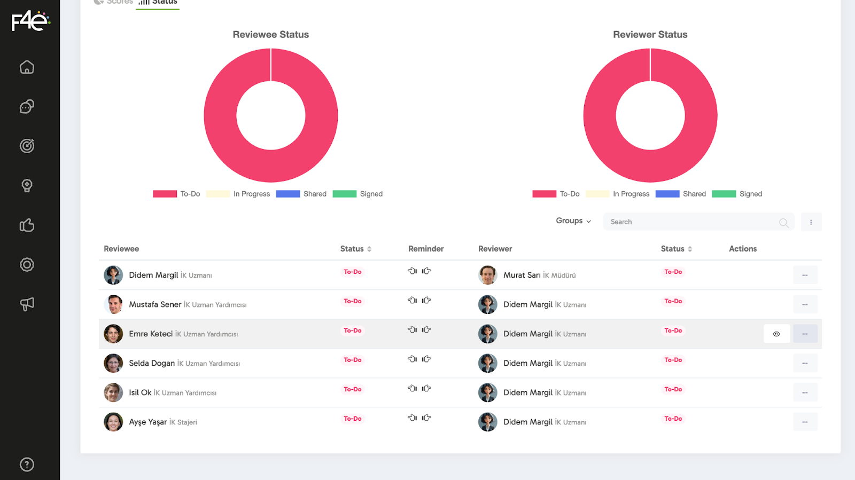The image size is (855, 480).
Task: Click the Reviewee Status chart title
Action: (270, 35)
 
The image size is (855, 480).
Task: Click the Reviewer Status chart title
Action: (650, 35)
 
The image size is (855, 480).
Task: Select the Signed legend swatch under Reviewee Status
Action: (344, 194)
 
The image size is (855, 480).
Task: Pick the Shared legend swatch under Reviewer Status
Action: (667, 194)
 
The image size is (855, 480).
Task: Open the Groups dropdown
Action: (573, 221)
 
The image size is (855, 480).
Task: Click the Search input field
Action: (689, 222)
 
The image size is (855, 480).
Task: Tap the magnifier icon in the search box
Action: (783, 223)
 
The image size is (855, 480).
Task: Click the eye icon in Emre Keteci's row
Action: (776, 334)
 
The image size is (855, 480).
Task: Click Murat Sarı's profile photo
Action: (487, 275)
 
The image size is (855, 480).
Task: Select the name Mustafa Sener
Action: (155, 304)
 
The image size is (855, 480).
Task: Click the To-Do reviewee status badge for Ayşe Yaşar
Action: (352, 419)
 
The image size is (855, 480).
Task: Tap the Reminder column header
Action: (426, 249)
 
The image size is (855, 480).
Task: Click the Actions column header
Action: (742, 249)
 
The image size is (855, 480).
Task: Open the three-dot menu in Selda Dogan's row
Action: (805, 364)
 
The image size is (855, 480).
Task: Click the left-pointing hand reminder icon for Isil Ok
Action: (412, 389)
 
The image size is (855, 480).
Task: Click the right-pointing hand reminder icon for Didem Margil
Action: (426, 271)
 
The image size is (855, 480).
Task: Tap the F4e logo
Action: (30, 21)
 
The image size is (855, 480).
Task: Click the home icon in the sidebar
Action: (27, 67)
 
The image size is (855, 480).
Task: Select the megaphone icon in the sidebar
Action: (27, 304)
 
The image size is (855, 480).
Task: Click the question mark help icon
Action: (27, 465)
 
